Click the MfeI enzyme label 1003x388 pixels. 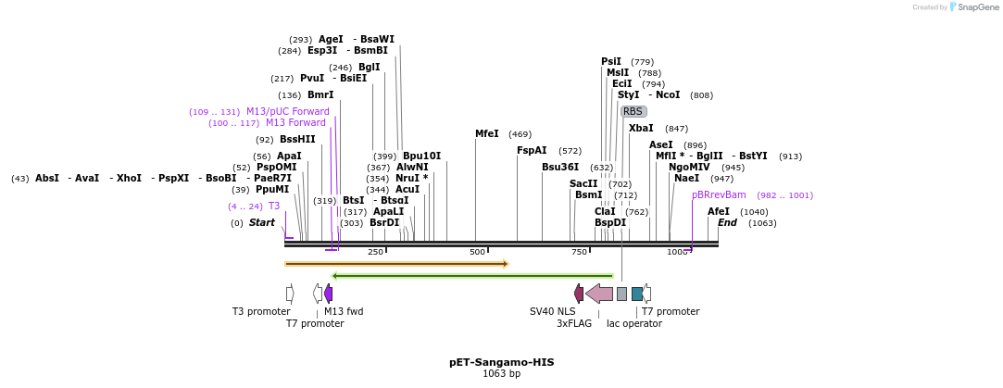tap(487, 134)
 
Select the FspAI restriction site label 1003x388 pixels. tap(532, 151)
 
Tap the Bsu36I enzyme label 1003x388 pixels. tap(560, 168)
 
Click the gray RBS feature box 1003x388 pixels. tap(633, 111)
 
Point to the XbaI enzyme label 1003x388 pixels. tap(641, 129)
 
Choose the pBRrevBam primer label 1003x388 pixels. tap(719, 195)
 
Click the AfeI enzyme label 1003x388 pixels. tap(719, 212)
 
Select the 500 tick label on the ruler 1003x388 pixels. tap(477, 252)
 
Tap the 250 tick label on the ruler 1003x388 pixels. tap(375, 252)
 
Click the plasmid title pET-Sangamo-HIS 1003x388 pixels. tap(501, 362)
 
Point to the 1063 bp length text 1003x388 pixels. tap(501, 374)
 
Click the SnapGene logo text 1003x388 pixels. tap(978, 7)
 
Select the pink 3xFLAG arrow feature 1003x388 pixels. tap(599, 294)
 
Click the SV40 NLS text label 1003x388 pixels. tap(552, 312)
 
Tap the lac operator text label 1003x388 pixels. tap(634, 324)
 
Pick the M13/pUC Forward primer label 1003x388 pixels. tap(287, 112)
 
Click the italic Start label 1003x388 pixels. tap(262, 223)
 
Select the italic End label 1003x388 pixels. tap(727, 223)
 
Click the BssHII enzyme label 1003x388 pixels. tap(297, 140)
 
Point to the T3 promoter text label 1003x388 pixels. tap(261, 312)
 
